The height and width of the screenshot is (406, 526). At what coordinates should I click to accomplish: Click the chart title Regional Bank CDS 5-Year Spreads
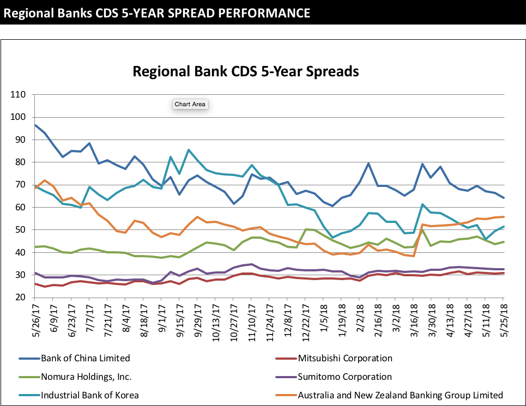click(246, 71)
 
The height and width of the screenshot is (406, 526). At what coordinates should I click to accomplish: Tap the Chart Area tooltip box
click(190, 104)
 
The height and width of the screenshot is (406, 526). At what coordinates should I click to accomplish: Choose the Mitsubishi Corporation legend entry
click(344, 358)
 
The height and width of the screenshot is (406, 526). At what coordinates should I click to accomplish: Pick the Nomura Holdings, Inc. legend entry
click(86, 377)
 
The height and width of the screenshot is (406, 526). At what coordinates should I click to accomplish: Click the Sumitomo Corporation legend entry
click(344, 377)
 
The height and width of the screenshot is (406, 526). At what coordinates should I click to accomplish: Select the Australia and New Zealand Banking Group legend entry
click(400, 395)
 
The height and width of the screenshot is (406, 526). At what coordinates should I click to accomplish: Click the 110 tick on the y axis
click(18, 95)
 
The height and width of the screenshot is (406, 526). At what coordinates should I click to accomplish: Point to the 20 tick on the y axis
click(20, 298)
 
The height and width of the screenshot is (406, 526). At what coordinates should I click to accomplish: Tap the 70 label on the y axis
click(20, 185)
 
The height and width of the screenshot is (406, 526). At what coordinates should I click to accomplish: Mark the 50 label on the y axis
click(20, 230)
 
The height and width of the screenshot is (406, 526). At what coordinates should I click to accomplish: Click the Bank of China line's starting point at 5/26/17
click(35, 125)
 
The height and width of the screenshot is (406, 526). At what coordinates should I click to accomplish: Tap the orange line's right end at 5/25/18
click(504, 217)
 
